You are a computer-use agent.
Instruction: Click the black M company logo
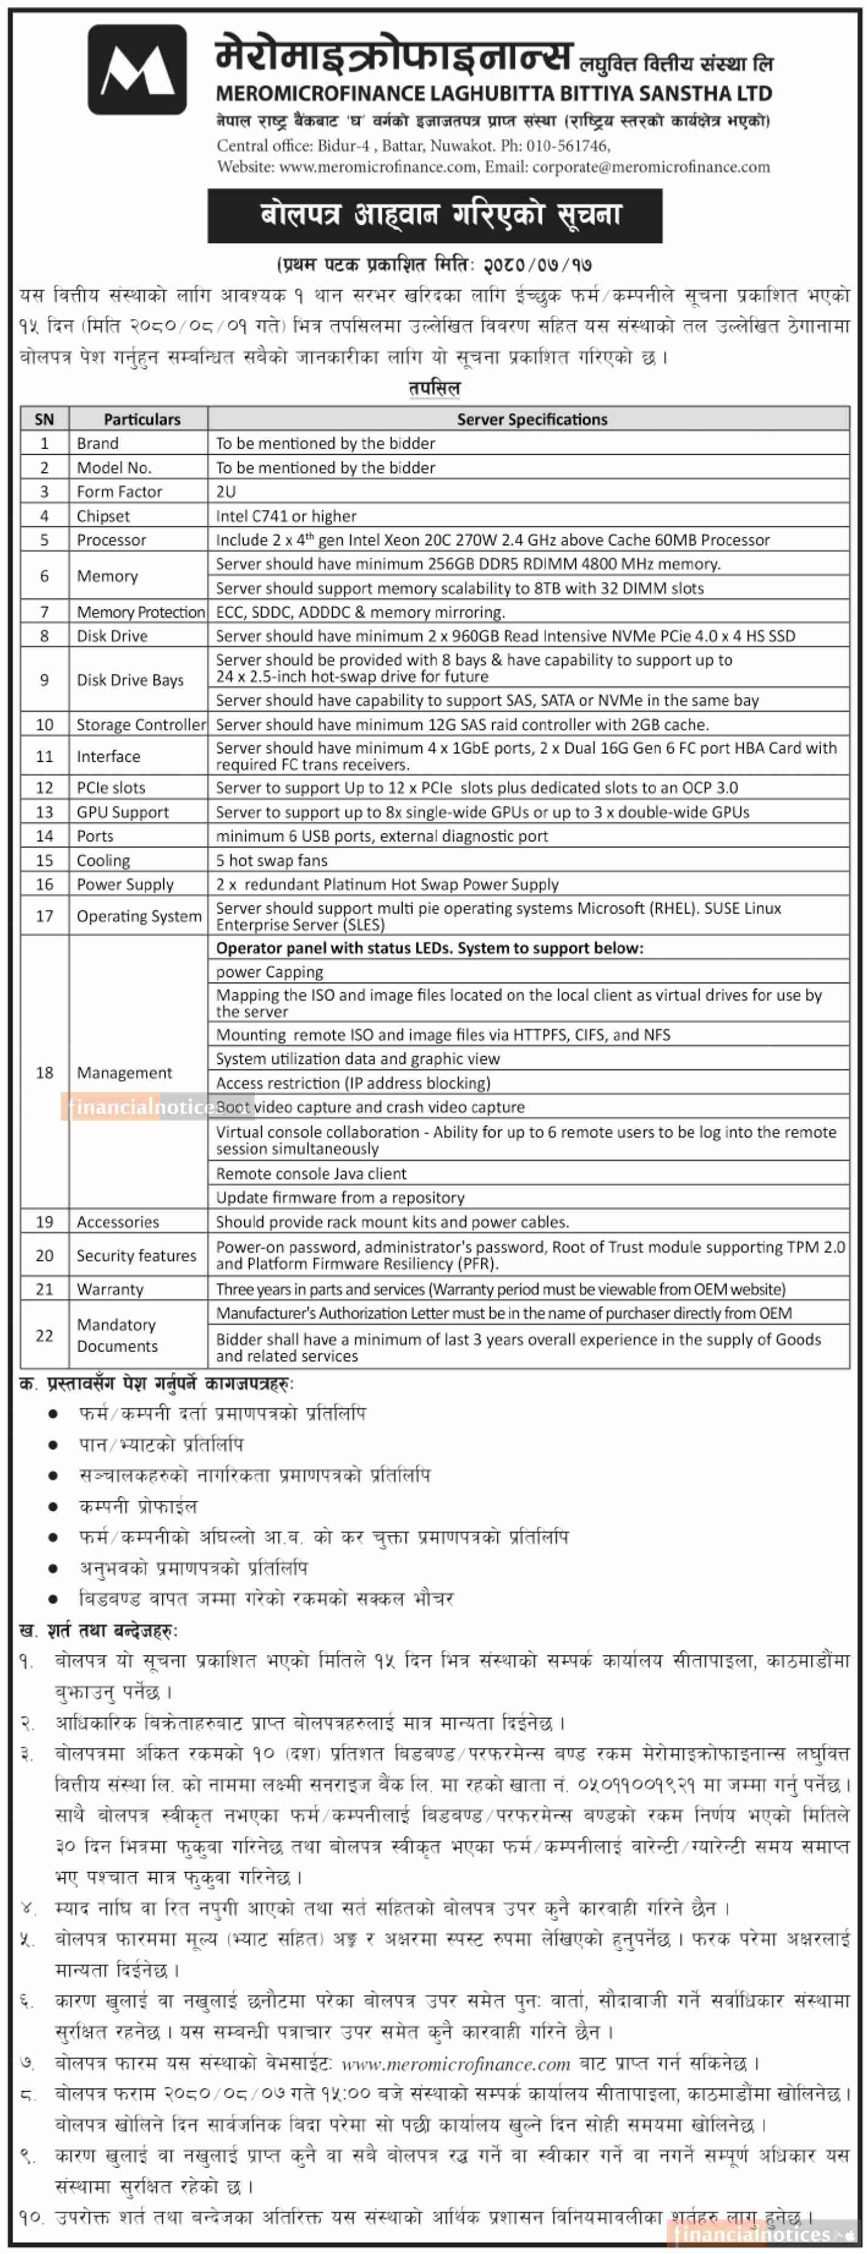(137, 69)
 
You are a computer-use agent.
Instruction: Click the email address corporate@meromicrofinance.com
(651, 166)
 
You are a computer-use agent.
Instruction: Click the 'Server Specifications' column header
(532, 419)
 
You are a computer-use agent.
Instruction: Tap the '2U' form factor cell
(226, 491)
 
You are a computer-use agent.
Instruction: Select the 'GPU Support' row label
(123, 812)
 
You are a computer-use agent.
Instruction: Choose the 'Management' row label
(124, 1073)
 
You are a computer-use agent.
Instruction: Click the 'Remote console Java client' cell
(311, 1173)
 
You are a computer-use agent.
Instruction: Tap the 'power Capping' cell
(269, 972)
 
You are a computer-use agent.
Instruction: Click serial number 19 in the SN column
(45, 1221)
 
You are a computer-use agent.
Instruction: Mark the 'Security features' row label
(137, 1255)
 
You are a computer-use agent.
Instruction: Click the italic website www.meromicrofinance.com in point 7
(455, 2064)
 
